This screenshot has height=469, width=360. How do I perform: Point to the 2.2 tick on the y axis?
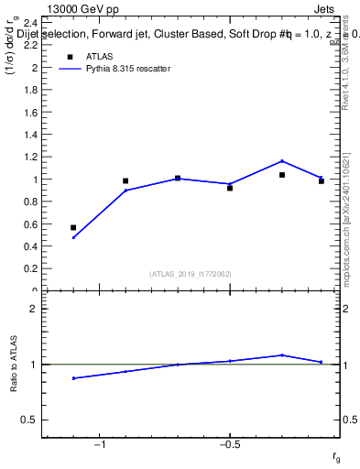tap(30, 46)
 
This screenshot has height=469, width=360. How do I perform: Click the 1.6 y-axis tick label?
tap(30, 113)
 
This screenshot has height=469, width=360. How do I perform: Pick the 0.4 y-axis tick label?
tap(30, 246)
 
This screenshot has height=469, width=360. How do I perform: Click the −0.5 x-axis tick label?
tap(229, 445)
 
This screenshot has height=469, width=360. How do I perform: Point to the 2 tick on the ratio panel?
tap(33, 309)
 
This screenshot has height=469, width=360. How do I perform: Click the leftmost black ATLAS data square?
tap(73, 227)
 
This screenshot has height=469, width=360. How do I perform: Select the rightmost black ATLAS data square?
tap(322, 181)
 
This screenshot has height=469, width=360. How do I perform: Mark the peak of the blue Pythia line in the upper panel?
tap(282, 161)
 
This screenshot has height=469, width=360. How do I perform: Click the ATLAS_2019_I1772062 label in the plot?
tap(190, 273)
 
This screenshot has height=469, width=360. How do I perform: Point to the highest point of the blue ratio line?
tap(282, 354)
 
